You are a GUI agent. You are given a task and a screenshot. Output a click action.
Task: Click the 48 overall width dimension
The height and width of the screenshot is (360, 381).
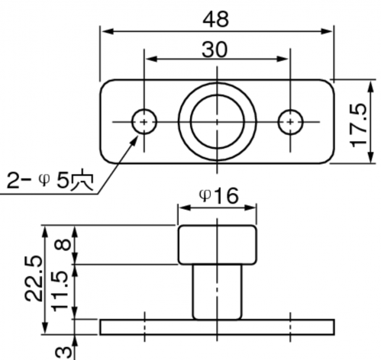(x=216, y=19)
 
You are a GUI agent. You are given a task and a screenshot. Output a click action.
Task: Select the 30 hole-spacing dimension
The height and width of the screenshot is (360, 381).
(x=215, y=50)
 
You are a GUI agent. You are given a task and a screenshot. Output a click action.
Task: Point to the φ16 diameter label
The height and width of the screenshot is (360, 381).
(x=218, y=196)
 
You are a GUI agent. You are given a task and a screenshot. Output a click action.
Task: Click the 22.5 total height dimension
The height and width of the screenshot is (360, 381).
(x=33, y=278)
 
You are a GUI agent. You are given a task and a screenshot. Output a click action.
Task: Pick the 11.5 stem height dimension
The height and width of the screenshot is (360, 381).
(x=60, y=291)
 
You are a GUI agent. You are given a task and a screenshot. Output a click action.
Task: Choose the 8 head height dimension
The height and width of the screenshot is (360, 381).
(x=63, y=244)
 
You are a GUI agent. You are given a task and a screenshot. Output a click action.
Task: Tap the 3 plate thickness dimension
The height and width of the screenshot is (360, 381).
(x=63, y=352)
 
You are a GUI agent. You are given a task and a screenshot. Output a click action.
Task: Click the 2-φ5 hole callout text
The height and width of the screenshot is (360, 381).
(x=50, y=181)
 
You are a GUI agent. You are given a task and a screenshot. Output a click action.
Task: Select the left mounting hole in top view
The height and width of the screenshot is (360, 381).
(x=144, y=122)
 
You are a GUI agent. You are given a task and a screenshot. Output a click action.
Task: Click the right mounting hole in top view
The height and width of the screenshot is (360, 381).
(x=290, y=122)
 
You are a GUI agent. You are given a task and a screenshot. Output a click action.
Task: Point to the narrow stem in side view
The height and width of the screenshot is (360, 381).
(x=217, y=292)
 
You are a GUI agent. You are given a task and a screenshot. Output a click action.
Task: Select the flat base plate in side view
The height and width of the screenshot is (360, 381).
(x=217, y=327)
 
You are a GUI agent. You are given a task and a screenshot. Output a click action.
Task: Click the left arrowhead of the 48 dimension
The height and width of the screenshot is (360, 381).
(x=108, y=31)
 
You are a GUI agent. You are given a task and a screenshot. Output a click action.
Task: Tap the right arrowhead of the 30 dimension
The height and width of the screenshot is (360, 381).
(x=283, y=59)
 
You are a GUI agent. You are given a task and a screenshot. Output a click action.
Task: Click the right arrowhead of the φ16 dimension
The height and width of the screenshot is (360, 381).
(x=250, y=207)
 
